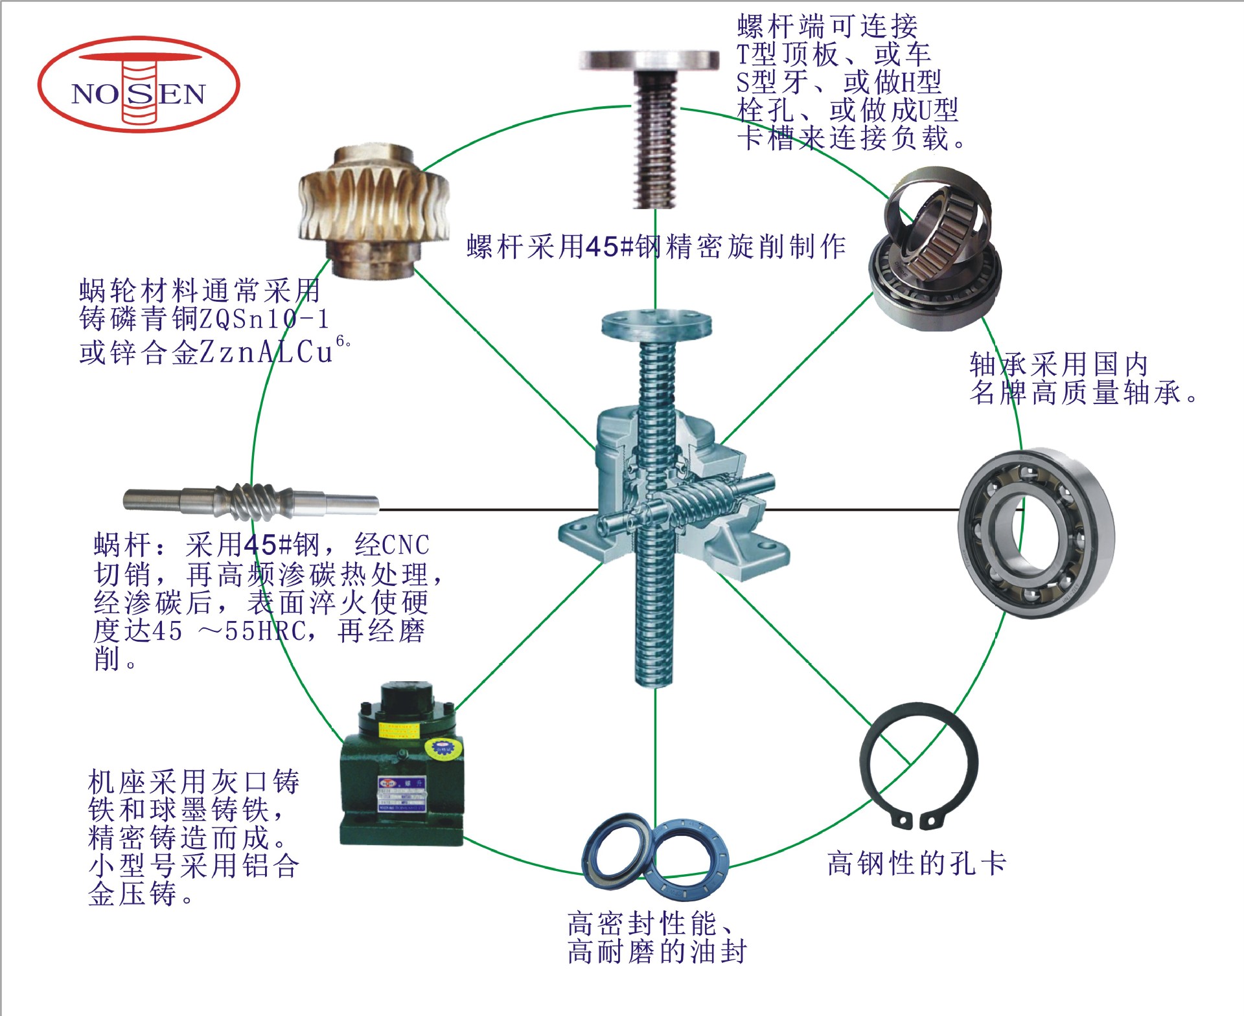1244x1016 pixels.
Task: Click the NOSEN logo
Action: [x=139, y=85]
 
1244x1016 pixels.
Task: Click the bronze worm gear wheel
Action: [x=374, y=212]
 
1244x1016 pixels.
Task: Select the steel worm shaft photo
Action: [x=251, y=501]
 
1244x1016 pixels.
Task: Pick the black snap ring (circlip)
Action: [x=919, y=764]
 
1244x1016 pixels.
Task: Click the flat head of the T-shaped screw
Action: [x=649, y=60]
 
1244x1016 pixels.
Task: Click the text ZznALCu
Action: [x=266, y=352]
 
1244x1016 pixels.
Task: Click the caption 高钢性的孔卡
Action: [x=916, y=864]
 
